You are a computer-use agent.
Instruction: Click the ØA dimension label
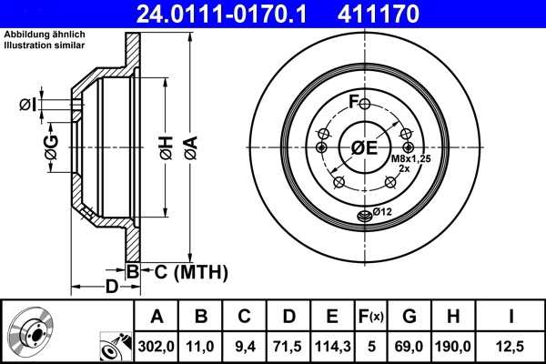189,147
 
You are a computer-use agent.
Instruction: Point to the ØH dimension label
165,147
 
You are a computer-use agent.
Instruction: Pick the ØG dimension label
52,147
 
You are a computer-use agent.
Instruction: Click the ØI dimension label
28,105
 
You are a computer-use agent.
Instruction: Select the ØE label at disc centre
364,147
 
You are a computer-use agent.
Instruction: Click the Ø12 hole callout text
380,212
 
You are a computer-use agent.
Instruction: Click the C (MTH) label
186,271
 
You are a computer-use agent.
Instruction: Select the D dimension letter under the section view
110,288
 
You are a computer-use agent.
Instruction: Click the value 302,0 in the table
157,346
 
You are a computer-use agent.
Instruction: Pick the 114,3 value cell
332,346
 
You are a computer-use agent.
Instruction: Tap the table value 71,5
288,346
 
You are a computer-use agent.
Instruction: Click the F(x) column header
372,318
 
